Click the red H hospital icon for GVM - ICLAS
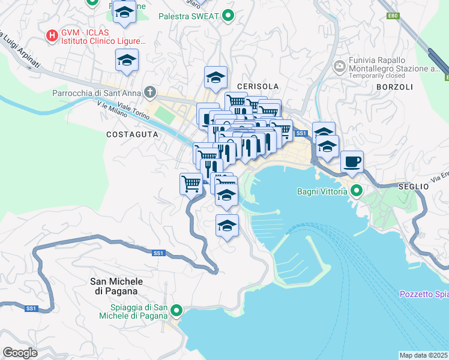point(52,36)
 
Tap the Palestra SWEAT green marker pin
point(228,16)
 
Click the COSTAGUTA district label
point(132,135)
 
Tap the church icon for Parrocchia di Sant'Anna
point(150,93)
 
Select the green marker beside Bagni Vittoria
point(356,191)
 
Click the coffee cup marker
point(352,161)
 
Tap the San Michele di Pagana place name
point(116,286)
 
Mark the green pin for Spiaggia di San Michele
point(176,310)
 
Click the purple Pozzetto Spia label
point(424,294)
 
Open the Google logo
point(20,352)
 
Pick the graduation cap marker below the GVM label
point(127,60)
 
